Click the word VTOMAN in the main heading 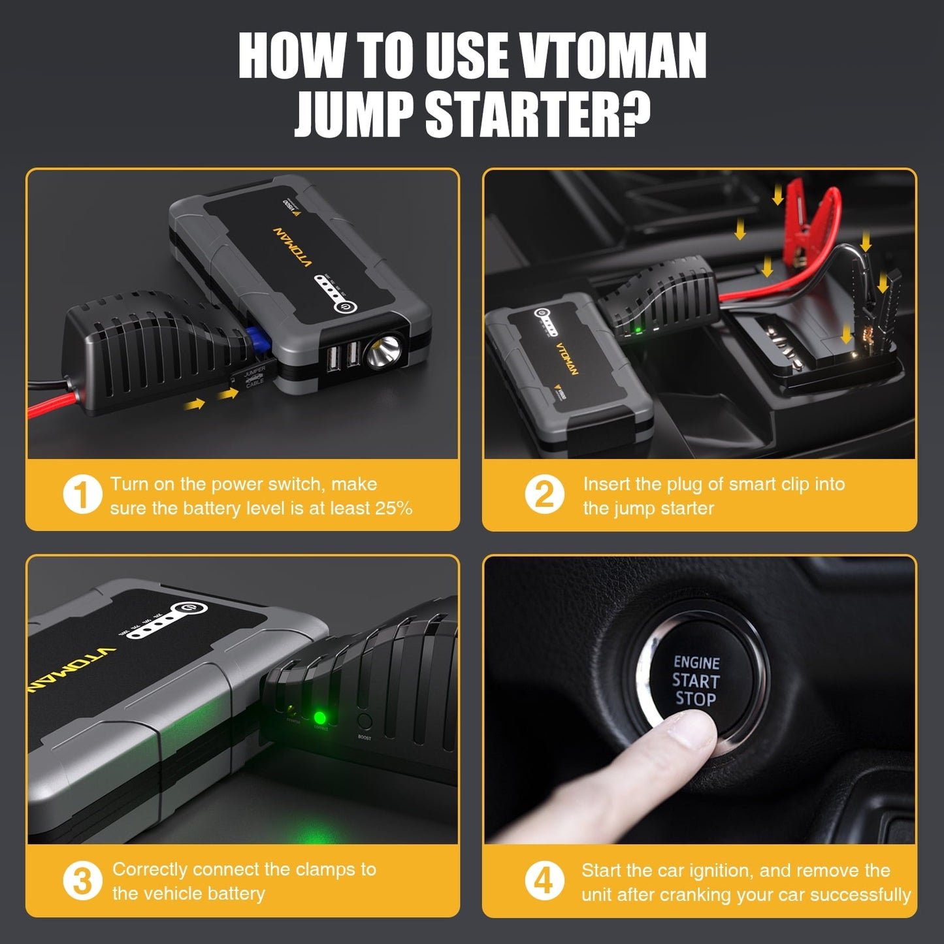coord(613,56)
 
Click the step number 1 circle coord(82,495)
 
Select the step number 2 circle coord(544,495)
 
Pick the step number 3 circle coord(82,881)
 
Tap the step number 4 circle coord(544,881)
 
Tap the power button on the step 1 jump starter coord(343,307)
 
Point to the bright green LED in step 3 coord(320,719)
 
